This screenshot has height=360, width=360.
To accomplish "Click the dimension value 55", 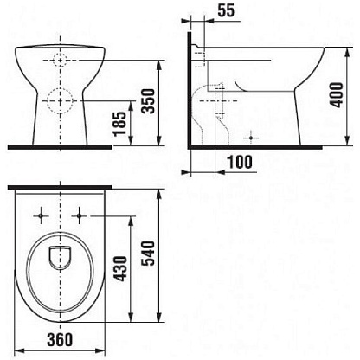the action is click(x=226, y=10).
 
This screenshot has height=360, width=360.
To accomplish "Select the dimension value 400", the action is click(x=337, y=95).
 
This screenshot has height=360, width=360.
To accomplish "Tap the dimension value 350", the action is click(x=150, y=101).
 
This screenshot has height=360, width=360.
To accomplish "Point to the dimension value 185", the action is click(x=119, y=124).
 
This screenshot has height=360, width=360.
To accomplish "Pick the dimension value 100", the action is click(x=240, y=162).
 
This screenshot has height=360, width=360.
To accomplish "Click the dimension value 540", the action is click(x=150, y=253).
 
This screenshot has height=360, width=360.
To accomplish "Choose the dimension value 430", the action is click(x=120, y=268).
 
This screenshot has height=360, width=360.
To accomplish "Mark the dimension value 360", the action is click(x=60, y=339).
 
